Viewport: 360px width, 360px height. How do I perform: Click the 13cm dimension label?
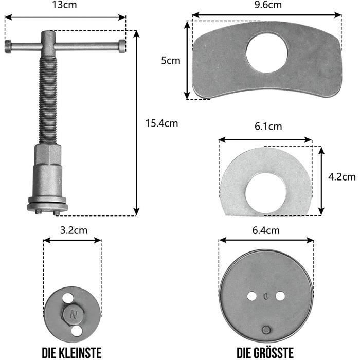[x=64, y=5]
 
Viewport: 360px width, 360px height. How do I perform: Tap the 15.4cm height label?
[x=161, y=123]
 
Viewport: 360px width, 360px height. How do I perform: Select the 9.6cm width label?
[x=268, y=5]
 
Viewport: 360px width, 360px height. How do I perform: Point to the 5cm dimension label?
[x=171, y=60]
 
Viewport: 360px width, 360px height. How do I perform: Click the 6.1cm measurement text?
[x=268, y=127]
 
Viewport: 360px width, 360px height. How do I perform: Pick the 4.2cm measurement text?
[x=342, y=177]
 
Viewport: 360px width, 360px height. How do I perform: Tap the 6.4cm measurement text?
[x=266, y=230]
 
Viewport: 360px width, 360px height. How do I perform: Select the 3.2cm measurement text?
[x=74, y=230]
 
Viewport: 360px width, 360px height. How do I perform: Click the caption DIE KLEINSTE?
[x=71, y=353]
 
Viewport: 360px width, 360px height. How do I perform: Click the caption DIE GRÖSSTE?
[x=265, y=352]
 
